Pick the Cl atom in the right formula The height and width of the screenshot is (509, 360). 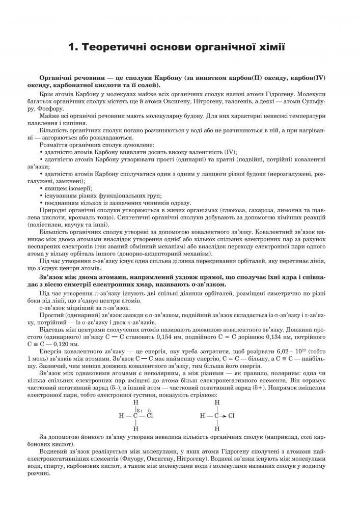point(231,415)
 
